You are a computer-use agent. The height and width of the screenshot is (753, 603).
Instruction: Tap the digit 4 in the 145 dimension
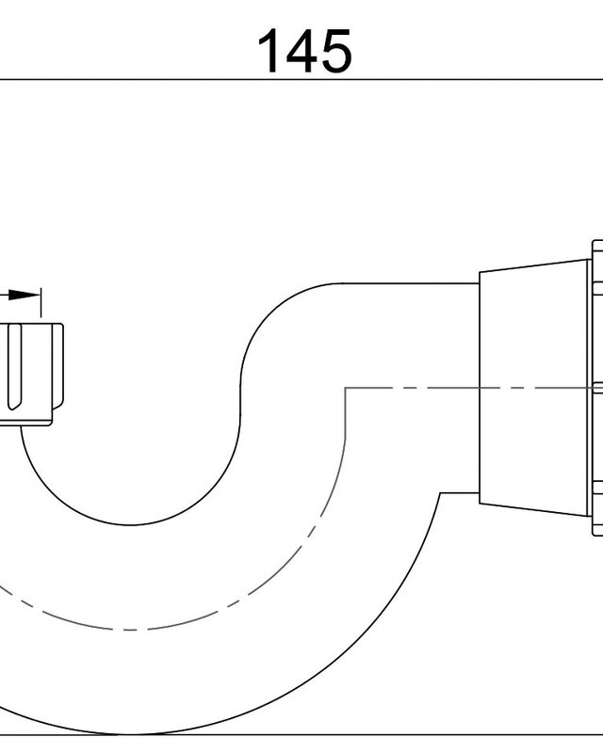302,51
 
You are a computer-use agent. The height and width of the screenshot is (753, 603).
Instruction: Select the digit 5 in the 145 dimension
335,52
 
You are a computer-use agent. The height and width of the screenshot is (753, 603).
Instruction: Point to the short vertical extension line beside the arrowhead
41,302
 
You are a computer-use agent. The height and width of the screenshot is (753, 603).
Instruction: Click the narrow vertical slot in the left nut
14,367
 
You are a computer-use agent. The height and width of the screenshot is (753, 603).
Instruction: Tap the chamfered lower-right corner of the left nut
57,405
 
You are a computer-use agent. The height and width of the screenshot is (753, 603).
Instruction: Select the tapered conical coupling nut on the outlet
534,388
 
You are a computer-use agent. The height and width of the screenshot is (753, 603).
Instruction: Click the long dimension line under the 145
301,80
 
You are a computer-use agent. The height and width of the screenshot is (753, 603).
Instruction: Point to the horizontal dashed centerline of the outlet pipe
474,388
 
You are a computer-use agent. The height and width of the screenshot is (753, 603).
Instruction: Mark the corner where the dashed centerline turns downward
345,388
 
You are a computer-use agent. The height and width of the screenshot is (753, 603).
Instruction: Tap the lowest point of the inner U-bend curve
129,525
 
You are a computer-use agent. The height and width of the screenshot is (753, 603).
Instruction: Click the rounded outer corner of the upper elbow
269,313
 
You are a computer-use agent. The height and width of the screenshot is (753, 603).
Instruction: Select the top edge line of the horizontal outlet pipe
411,283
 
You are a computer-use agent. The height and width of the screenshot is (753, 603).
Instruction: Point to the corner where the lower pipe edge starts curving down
440,492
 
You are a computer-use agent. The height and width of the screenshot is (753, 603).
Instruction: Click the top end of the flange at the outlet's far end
597,241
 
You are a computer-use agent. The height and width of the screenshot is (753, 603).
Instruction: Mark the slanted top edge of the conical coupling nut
534,265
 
